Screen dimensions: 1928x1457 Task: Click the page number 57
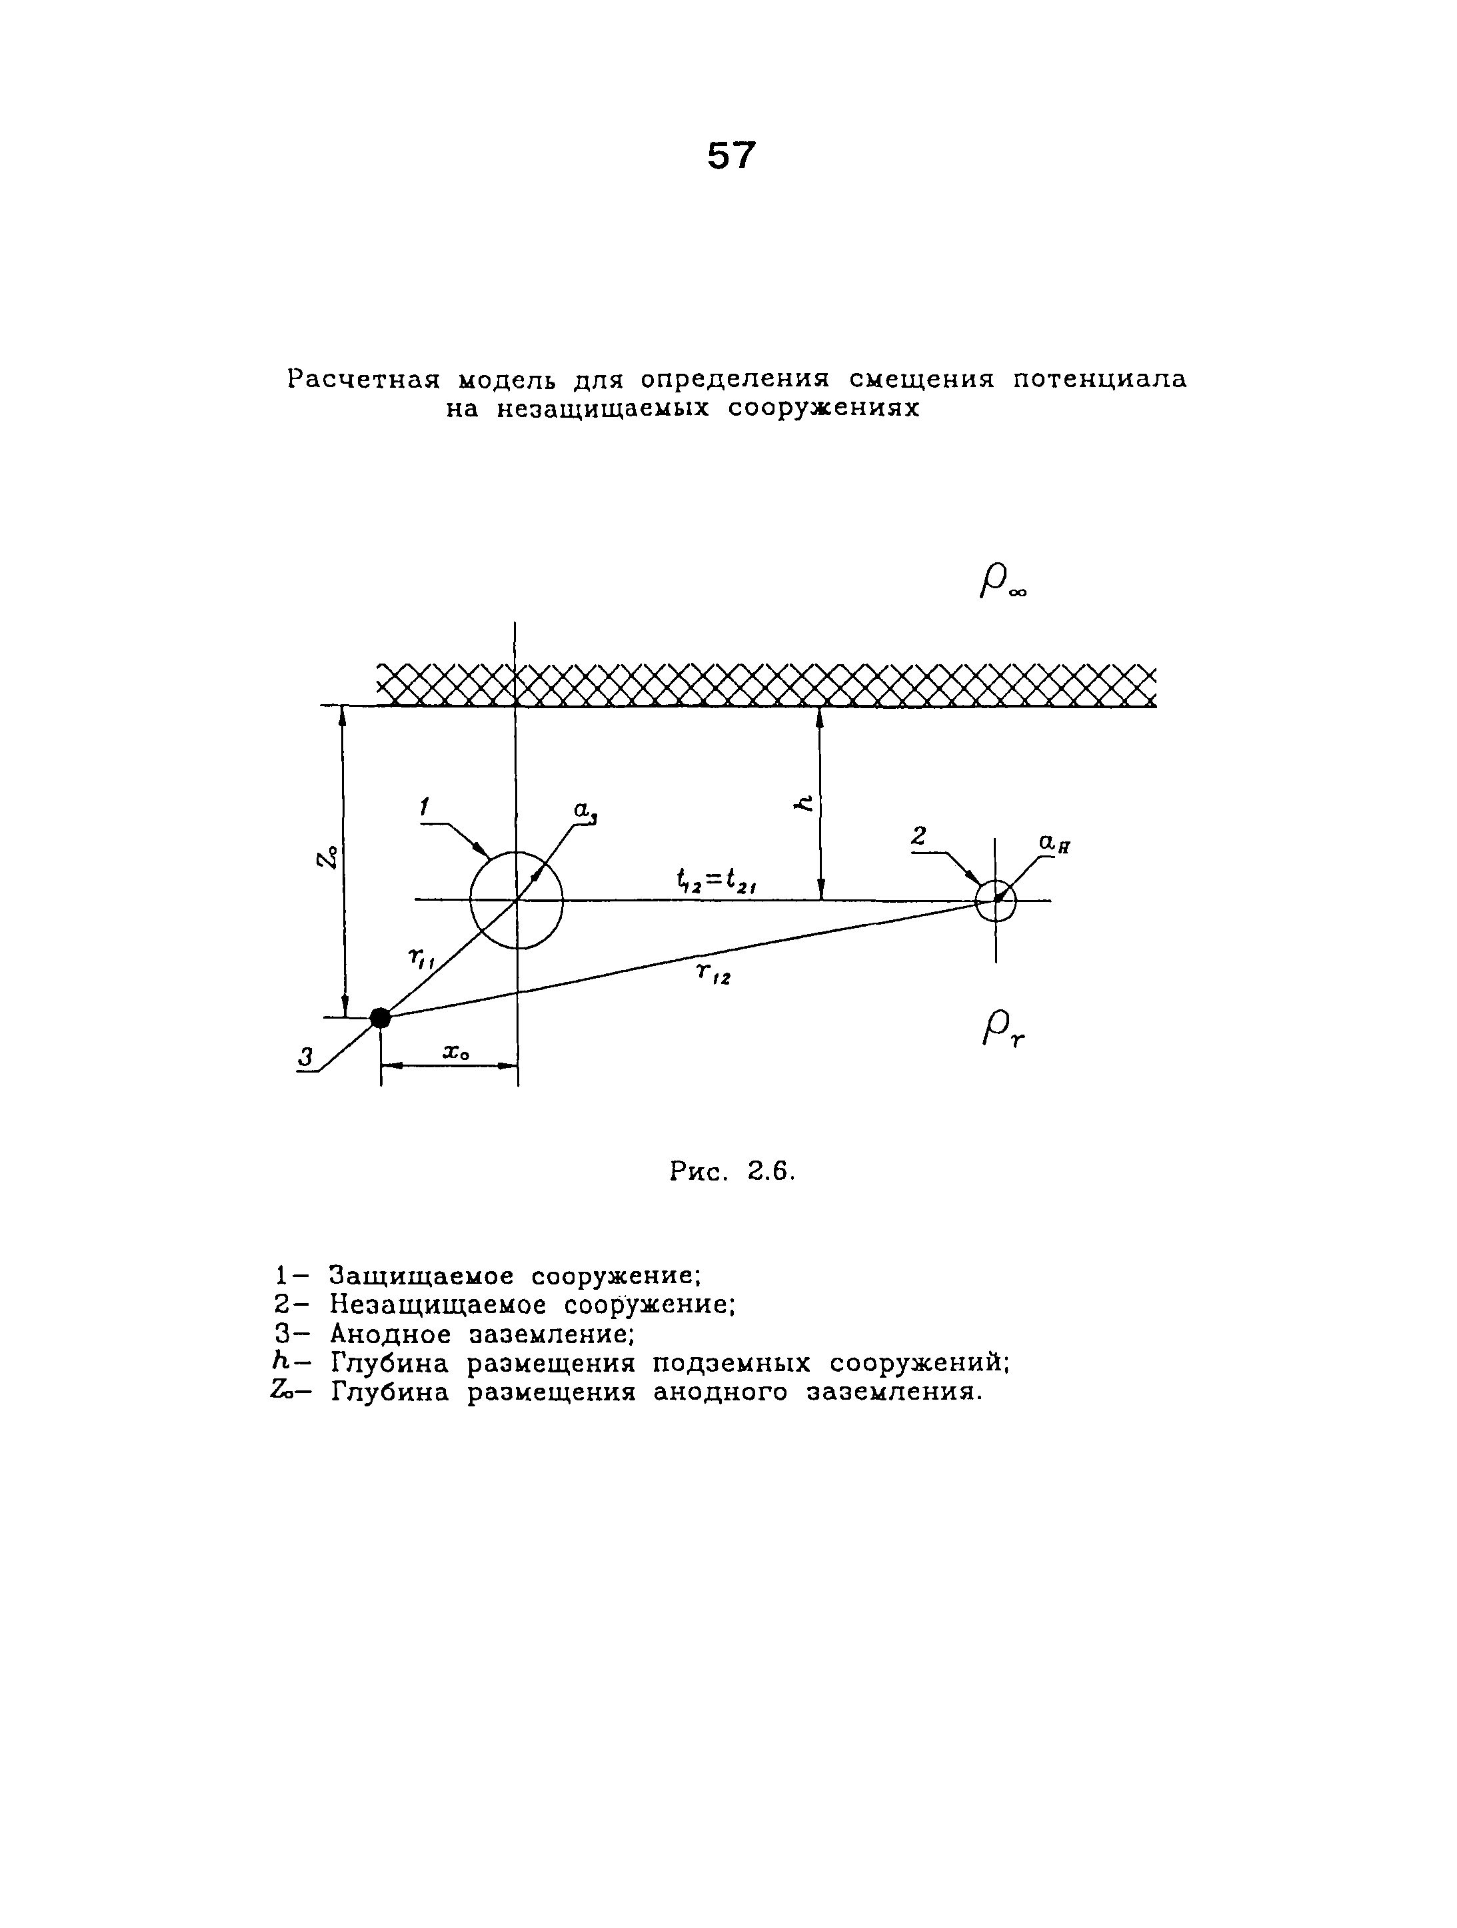[x=730, y=156]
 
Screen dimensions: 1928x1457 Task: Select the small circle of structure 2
[x=995, y=900]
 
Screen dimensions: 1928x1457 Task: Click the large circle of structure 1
[x=516, y=899]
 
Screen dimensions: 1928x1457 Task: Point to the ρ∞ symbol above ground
[x=1002, y=582]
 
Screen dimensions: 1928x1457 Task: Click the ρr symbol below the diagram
[x=1002, y=1030]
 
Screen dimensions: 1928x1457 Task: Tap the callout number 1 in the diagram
[x=425, y=808]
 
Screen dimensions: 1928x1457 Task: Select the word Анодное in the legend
[x=390, y=1334]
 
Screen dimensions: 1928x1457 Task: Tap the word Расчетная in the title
[x=360, y=379]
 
